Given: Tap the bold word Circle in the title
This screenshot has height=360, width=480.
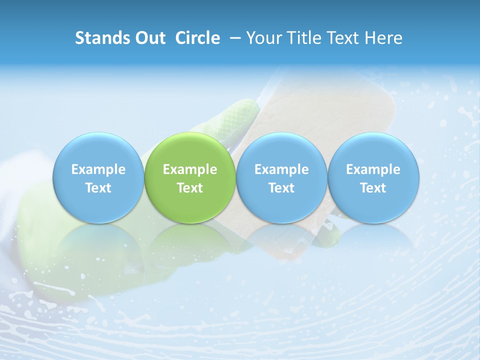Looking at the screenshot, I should pos(197,38).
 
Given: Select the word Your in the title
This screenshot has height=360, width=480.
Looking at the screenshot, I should pos(262,38).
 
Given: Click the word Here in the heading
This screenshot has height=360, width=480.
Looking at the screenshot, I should pos(383,38).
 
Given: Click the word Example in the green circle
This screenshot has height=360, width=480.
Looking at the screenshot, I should pos(190,169).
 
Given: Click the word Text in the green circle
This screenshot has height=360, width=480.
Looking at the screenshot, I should pos(190,188).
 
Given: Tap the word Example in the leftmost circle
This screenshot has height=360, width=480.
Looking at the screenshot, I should pos(98,169).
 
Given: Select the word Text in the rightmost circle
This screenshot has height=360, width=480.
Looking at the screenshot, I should pos(373,188).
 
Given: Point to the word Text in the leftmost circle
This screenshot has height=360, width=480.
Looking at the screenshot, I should pos(98,188).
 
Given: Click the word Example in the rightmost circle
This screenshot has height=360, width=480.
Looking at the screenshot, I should pos(373,169).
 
